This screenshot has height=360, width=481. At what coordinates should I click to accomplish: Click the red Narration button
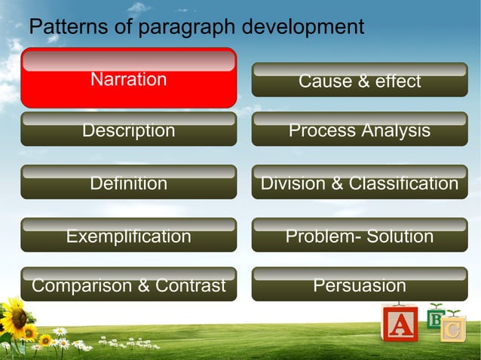(x=128, y=78)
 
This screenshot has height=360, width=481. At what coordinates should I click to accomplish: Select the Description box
(x=128, y=130)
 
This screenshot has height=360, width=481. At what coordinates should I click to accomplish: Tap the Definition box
(x=128, y=182)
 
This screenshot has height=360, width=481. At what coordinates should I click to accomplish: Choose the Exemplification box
(x=128, y=236)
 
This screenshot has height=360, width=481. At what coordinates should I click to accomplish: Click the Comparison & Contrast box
(x=128, y=285)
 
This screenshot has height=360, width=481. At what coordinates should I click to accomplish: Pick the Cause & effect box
(x=359, y=81)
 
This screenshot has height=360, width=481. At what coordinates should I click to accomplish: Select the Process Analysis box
(x=359, y=130)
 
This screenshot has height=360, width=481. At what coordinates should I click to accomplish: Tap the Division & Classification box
(x=359, y=182)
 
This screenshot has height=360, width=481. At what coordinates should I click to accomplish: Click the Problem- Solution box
(x=359, y=236)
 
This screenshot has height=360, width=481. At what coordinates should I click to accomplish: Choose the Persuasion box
(x=359, y=285)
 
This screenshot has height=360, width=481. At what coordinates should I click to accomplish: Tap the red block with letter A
(x=400, y=325)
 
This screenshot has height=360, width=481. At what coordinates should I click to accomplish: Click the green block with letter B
(x=435, y=319)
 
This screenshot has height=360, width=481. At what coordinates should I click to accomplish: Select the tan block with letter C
(x=453, y=329)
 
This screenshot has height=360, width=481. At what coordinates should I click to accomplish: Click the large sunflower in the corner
(x=13, y=317)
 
